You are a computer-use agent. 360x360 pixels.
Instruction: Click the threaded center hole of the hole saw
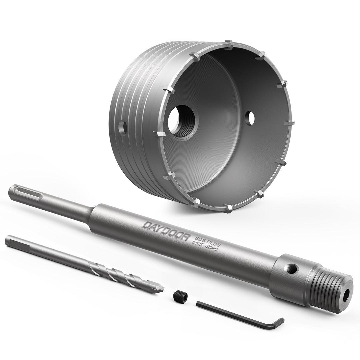pos(182,121)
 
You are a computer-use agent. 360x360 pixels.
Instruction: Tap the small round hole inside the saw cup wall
pos(250,118)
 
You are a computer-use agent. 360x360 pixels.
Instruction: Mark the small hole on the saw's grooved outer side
pos(122,127)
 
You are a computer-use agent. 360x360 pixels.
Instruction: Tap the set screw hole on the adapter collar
pos(292,268)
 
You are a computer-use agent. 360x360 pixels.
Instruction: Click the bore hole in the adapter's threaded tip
pos(346,295)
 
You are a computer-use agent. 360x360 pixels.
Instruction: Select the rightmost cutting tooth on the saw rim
pos(289,123)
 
